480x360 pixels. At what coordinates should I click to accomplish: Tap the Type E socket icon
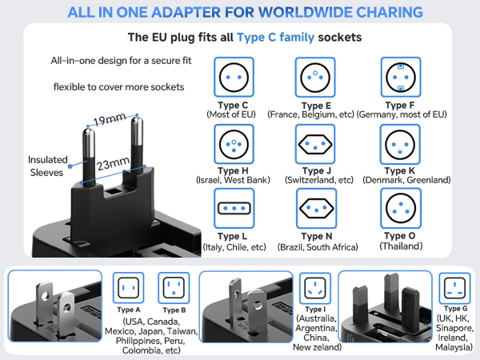[x=316, y=78]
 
